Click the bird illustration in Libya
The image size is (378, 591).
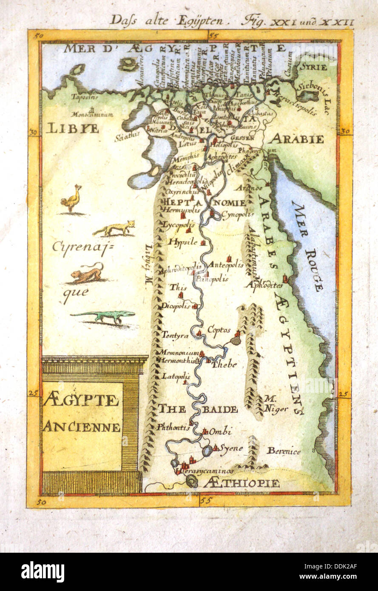pos(71,199)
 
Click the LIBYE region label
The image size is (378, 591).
pos(72,128)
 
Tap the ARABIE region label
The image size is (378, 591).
pos(297,139)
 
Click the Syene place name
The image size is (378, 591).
pos(231,448)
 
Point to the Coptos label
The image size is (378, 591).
pos(219,330)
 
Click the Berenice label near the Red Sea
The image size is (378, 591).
pos(284,452)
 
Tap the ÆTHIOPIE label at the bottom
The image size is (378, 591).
pos(241,483)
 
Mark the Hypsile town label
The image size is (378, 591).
pos(183,242)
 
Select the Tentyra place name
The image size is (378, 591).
pos(174,335)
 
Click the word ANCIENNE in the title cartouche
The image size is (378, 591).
pos(82,426)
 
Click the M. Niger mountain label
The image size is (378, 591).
pos(276,404)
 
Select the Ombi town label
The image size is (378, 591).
pos(221,432)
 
